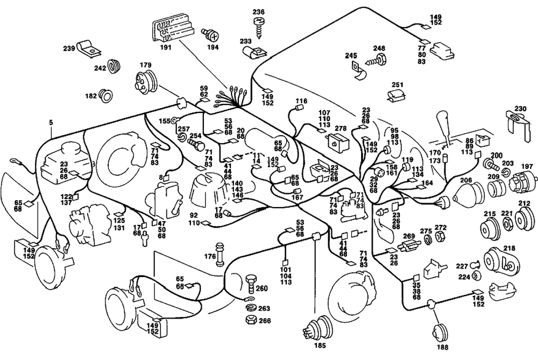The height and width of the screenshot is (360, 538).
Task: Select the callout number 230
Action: [x=521, y=108]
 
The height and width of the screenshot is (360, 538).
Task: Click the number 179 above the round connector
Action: [x=145, y=66]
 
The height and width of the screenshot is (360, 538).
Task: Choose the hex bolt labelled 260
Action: [x=250, y=281]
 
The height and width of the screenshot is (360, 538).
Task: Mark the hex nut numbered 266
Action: [x=250, y=320]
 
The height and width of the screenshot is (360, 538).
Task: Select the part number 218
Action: [x=509, y=248]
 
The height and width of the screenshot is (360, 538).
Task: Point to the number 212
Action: [x=524, y=203]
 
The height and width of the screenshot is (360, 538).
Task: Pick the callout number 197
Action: [x=527, y=166]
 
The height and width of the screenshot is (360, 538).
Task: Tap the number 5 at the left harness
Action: [x=51, y=123]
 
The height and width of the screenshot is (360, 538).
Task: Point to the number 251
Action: [x=398, y=85]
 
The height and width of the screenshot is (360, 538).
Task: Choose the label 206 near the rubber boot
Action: [x=466, y=180]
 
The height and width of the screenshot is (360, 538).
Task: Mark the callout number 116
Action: [x=301, y=101]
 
